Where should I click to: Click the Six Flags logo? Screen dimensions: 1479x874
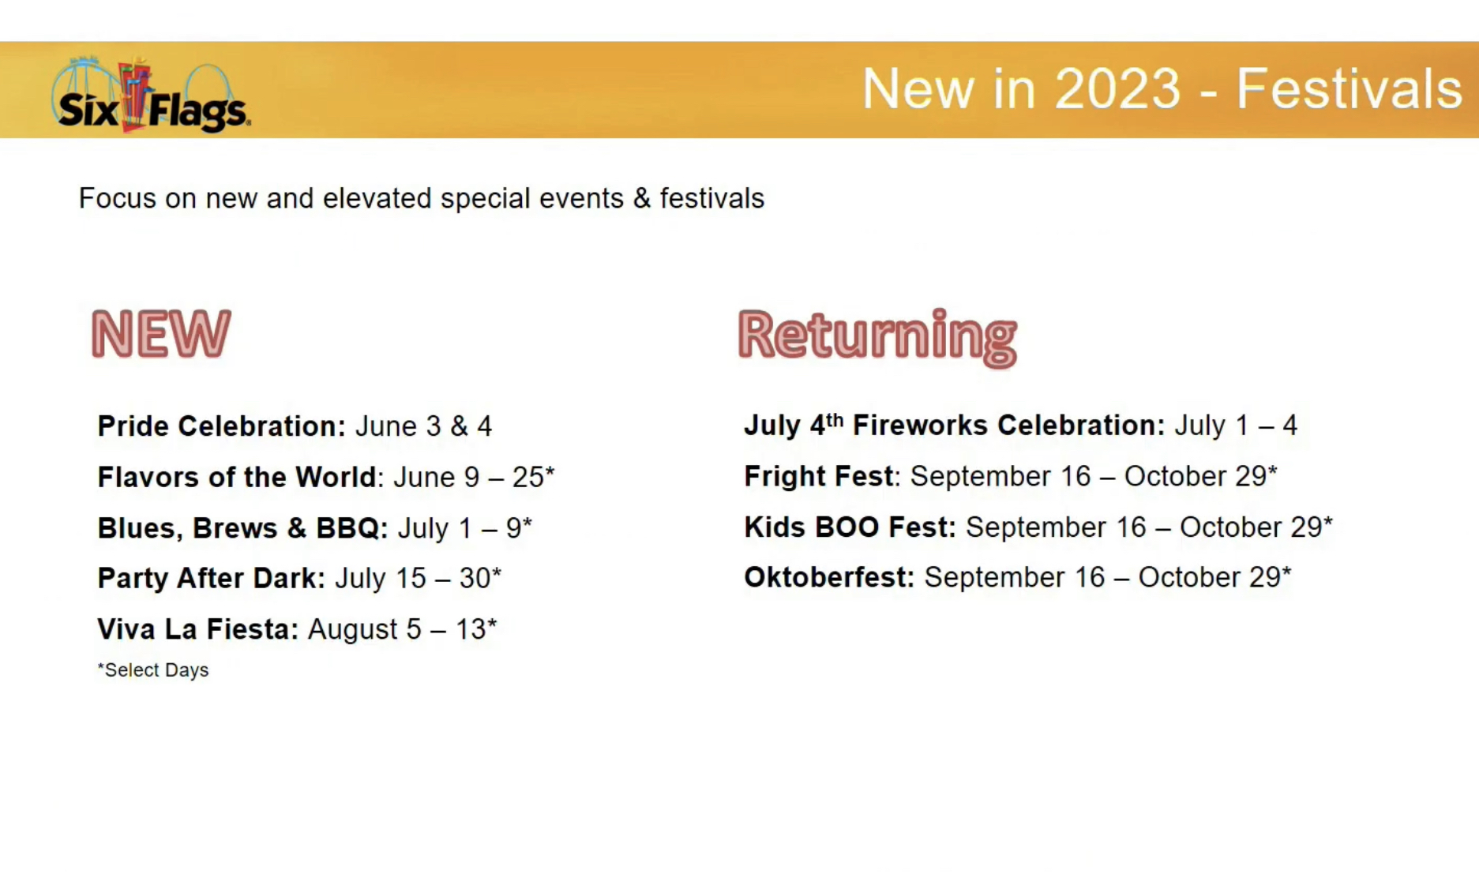(151, 94)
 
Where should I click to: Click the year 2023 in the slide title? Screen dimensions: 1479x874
(1117, 88)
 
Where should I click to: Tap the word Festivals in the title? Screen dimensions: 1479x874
(1349, 88)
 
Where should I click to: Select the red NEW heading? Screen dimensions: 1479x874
(161, 334)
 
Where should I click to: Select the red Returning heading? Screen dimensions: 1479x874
(877, 337)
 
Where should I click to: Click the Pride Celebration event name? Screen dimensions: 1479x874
(222, 426)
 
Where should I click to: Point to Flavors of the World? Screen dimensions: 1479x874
(237, 478)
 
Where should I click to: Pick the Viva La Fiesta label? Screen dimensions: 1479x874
(198, 629)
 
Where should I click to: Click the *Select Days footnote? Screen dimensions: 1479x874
(153, 670)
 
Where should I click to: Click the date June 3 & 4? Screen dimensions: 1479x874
(423, 426)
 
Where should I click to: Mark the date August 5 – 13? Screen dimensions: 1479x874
(402, 629)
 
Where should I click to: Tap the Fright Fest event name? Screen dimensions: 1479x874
(819, 477)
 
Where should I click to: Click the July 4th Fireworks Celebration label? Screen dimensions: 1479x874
(955, 426)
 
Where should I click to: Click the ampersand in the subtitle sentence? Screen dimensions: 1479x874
(642, 199)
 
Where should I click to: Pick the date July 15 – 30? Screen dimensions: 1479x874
(418, 579)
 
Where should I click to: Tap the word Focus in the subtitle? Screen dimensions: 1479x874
(118, 199)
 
